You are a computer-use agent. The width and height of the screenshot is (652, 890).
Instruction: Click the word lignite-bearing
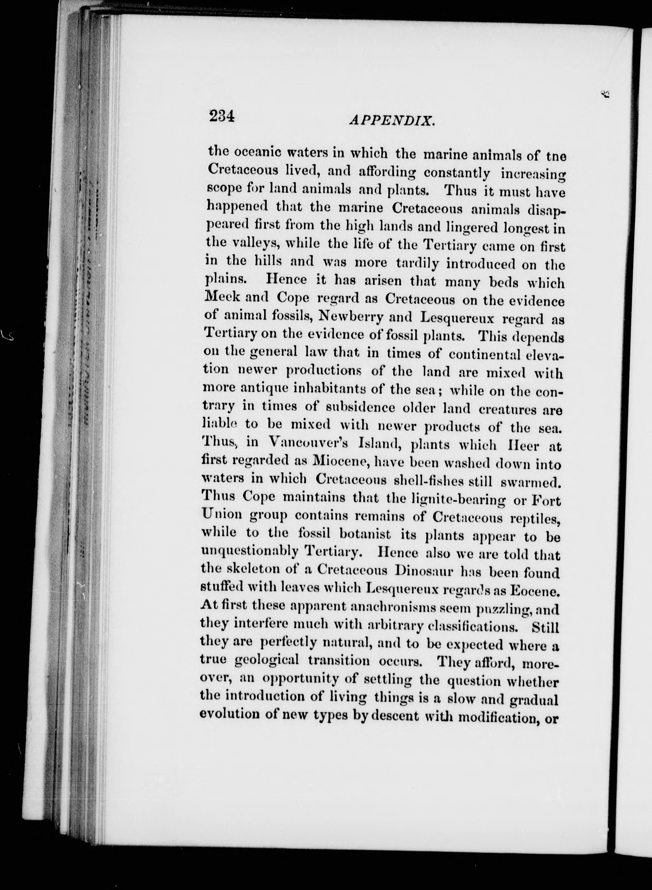click(451, 499)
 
